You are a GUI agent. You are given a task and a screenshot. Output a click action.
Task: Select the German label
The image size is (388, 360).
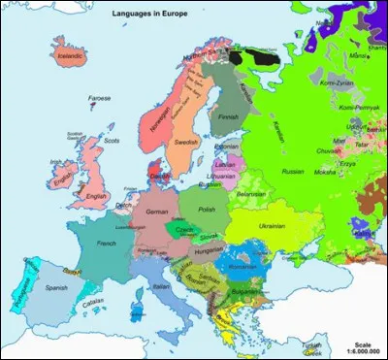[156, 211]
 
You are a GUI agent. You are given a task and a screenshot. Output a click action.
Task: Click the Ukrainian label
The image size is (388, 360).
[269, 224]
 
